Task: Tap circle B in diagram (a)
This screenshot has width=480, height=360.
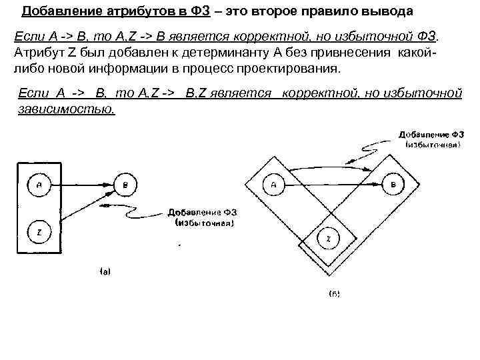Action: click(125, 185)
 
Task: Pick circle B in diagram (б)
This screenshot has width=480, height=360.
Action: click(393, 184)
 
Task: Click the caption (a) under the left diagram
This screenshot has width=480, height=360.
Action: click(105, 271)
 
